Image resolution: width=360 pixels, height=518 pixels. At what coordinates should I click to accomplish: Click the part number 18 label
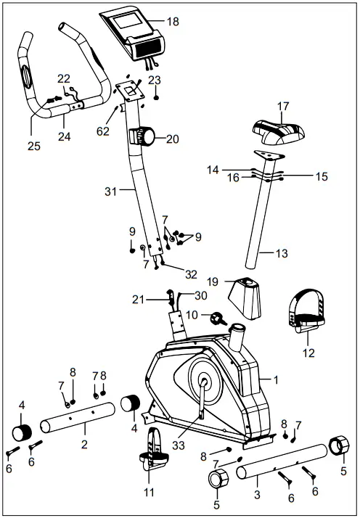pos(172,22)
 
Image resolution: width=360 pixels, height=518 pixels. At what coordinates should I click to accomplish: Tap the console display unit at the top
pos(135,33)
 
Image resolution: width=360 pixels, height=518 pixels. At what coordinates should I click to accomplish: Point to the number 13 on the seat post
pos(283,253)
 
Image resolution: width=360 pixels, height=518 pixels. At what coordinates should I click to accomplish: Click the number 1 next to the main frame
pos(275,379)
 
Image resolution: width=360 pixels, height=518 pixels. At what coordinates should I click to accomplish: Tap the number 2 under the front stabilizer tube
pos(84,443)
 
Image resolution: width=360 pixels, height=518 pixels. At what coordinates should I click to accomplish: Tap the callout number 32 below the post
pos(191,274)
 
